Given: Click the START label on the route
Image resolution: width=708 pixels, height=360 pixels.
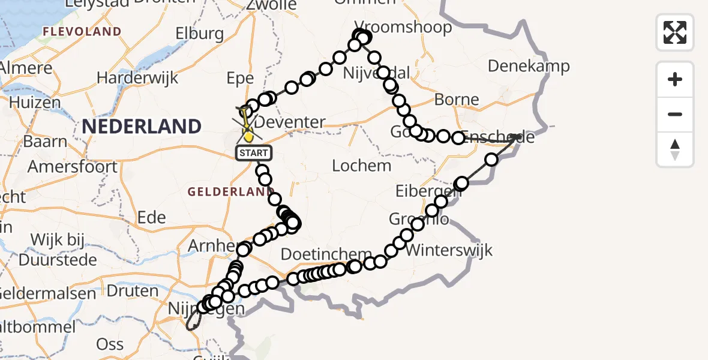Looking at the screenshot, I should pos(254,153).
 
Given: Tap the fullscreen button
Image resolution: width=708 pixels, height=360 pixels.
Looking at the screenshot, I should pos(675,32).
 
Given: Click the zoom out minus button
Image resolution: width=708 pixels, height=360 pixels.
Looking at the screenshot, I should pos(675,114).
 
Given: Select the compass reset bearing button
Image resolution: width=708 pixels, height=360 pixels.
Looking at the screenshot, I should pos(675,149).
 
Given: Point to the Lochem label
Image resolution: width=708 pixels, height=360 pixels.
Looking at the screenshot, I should pos(362,166).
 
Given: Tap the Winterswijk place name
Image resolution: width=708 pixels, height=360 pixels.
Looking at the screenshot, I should pos(449,250).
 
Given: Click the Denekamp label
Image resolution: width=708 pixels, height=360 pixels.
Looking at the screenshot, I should pos(529,65).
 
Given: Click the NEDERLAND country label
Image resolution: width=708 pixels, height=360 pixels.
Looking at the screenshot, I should pos(142,127).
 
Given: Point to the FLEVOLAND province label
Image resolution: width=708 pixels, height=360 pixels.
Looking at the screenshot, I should pos(82,31).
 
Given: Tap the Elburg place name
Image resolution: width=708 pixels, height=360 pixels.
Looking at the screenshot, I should pos(200,34).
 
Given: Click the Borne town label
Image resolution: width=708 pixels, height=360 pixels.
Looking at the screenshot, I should pos(457,100).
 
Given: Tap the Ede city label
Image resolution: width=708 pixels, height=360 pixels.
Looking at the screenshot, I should pos(151,217).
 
